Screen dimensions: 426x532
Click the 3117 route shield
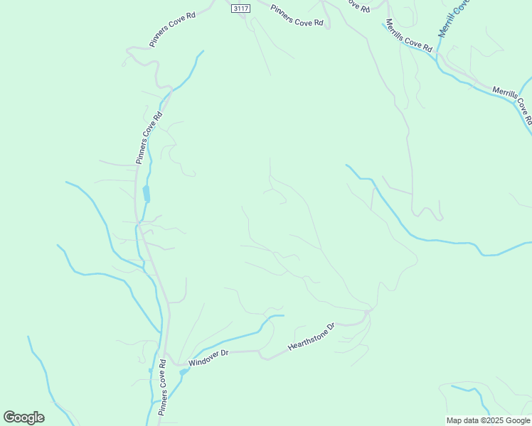click(241, 9)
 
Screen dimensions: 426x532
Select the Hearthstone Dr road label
click(311, 338)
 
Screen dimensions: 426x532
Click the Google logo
click(23, 417)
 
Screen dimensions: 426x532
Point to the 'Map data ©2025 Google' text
click(488, 420)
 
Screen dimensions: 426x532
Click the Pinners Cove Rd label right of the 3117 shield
click(297, 16)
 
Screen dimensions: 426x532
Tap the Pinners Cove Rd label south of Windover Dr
click(163, 387)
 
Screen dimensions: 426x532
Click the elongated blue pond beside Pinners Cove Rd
click(147, 193)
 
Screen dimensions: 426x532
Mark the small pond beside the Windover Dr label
click(183, 371)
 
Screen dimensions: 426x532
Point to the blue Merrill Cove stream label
click(454, 17)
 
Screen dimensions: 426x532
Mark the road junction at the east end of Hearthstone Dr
click(367, 312)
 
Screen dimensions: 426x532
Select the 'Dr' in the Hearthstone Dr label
click(330, 328)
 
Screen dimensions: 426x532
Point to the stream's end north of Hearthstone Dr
click(283, 315)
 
